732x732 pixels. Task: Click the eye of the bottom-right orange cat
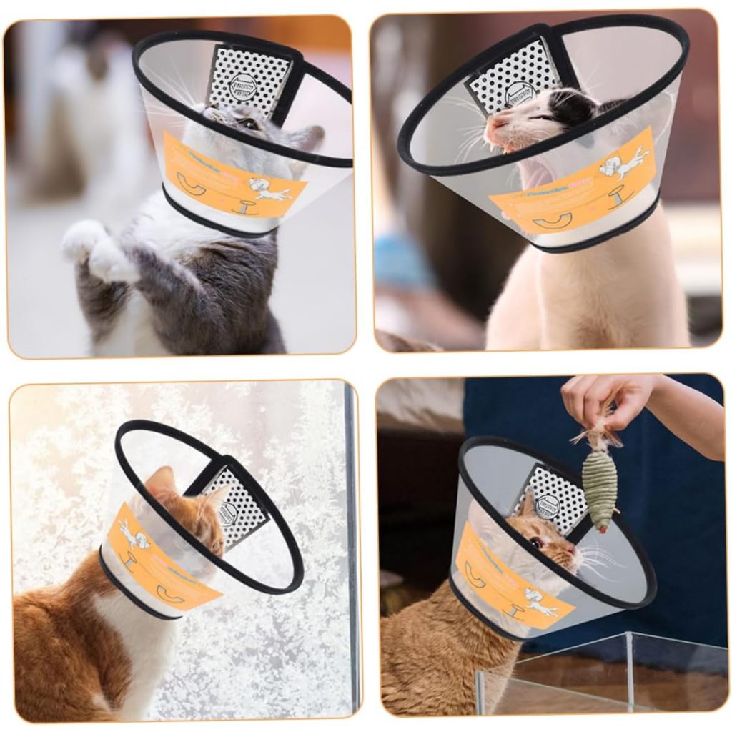(x=535, y=543)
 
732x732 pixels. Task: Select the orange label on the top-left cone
(x=229, y=179)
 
